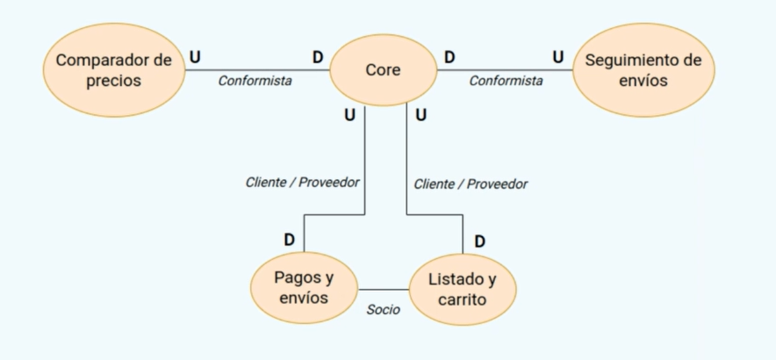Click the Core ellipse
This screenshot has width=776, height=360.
(x=383, y=70)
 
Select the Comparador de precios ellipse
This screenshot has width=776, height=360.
(x=113, y=70)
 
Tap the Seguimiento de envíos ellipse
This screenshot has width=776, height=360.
(x=643, y=70)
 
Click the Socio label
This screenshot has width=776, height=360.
(x=384, y=309)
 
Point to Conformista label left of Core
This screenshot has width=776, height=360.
(x=255, y=81)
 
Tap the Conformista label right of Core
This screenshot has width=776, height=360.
(x=506, y=81)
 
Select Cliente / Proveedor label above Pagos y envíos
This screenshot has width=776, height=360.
(x=303, y=183)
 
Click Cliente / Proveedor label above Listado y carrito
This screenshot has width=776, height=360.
(x=471, y=184)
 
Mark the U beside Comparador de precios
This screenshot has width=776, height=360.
(x=195, y=57)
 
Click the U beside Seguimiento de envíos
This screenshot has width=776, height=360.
(x=557, y=57)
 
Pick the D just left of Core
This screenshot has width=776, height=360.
(x=318, y=57)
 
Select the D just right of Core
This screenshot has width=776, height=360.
(x=449, y=57)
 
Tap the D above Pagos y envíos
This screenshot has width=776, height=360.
(x=289, y=240)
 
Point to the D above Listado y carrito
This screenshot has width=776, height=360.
(x=479, y=241)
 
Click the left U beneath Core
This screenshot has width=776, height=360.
(x=349, y=114)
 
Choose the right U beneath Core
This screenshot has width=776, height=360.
(x=420, y=115)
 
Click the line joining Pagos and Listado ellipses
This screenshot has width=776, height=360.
(x=384, y=289)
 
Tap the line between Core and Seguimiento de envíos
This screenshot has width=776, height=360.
(x=505, y=70)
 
